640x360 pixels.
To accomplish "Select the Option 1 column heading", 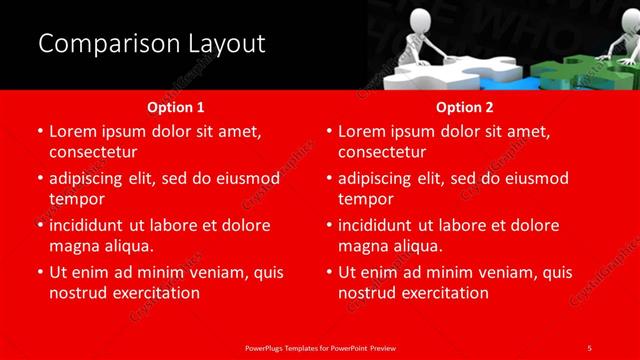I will coord(176,106).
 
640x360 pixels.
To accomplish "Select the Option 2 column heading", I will coord(465,106).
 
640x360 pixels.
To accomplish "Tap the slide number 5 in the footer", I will coord(589,347).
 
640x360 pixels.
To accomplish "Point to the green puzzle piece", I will coord(570,72).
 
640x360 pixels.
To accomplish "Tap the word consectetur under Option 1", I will coord(92,152).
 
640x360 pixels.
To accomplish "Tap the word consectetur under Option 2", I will coord(382,152).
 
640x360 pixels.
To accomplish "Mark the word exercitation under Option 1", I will coord(156,293).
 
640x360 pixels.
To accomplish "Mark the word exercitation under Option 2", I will coord(445,293).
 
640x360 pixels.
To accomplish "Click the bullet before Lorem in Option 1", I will coord(39,132).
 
